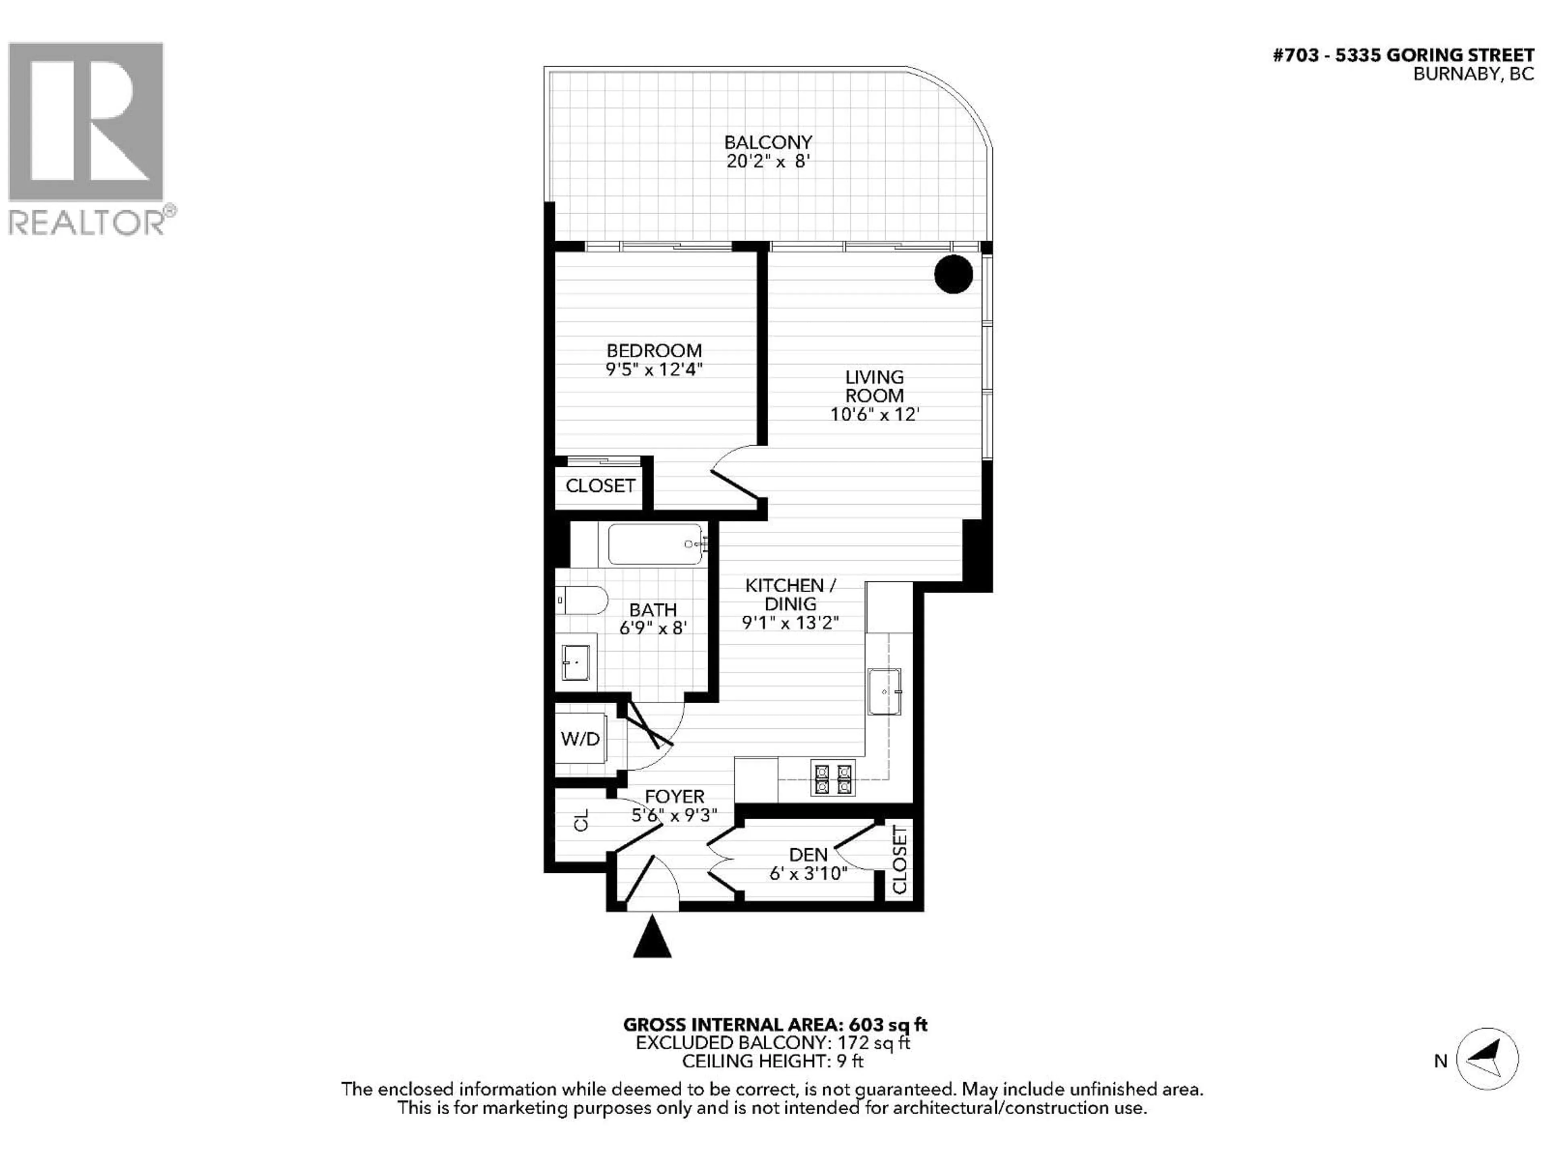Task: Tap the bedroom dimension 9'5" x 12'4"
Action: click(654, 369)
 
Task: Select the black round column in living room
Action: click(953, 273)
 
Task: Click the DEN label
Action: click(809, 854)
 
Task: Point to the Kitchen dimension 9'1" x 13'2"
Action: click(790, 622)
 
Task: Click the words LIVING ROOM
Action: click(874, 386)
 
